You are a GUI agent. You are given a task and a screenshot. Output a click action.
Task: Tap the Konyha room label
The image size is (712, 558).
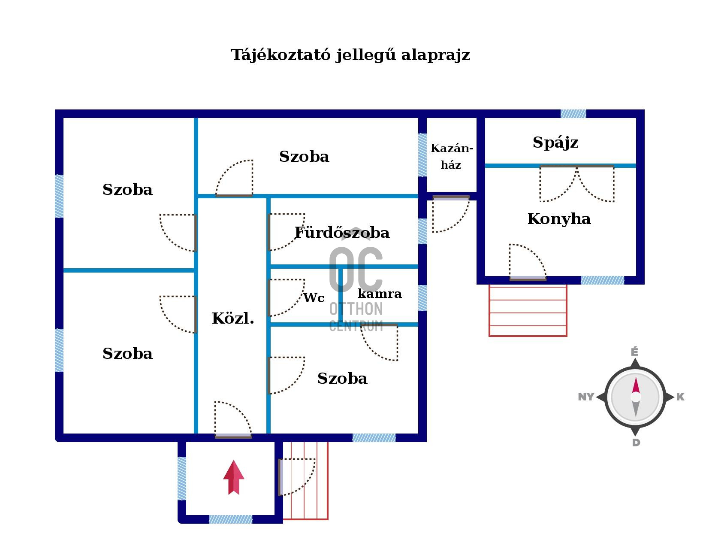click(559, 218)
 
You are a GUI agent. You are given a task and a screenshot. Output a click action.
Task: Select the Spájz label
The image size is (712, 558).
click(555, 143)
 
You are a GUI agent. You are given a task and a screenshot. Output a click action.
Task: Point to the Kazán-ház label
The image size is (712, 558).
click(452, 156)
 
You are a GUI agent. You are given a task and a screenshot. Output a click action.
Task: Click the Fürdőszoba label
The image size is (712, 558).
click(342, 233)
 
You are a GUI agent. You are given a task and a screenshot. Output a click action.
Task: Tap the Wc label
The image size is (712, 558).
click(314, 298)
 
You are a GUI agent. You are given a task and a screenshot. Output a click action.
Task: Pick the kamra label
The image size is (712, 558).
click(380, 294)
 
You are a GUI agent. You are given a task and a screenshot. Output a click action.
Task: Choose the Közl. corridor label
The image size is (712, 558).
click(233, 318)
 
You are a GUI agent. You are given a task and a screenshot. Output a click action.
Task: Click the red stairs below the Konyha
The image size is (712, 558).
click(528, 310)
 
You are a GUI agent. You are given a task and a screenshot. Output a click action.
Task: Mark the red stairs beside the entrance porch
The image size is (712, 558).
click(305, 481)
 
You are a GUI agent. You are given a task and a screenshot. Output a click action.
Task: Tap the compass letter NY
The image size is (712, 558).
click(586, 397)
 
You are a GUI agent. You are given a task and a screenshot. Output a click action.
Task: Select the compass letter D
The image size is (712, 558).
click(636, 443)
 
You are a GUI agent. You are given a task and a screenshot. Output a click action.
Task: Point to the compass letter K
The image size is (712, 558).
click(681, 397)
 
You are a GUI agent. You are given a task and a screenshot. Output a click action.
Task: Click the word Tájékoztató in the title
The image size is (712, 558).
click(281, 55)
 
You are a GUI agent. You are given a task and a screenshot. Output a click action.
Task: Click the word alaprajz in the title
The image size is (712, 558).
click(436, 55)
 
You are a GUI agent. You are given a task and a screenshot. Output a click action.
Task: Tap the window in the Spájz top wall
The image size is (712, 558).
click(573, 114)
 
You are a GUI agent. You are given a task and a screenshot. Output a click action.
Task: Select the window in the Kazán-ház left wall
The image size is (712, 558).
click(422, 155)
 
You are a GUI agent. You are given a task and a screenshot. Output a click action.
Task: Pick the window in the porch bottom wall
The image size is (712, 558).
click(231, 519)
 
